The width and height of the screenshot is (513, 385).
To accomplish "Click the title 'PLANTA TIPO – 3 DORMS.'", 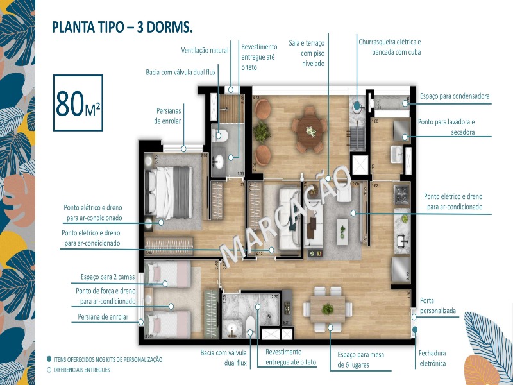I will tap(122, 28).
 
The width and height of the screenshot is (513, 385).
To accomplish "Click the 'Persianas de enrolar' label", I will tap(167, 116).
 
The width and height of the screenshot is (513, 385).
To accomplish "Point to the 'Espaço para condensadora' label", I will tap(455, 96).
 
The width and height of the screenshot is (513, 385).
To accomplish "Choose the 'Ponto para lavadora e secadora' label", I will tap(455, 127).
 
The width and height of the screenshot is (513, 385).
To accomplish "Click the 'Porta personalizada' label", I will tap(437, 305).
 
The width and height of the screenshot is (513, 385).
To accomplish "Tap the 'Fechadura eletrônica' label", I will tap(432, 358).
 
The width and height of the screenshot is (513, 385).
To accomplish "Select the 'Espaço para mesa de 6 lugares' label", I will tap(361, 360).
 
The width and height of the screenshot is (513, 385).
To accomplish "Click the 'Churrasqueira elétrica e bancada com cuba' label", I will tap(389, 46).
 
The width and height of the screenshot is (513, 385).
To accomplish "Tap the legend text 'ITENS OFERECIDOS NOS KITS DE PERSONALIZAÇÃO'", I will tap(108, 359).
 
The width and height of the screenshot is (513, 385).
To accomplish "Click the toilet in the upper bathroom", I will tap(221, 134).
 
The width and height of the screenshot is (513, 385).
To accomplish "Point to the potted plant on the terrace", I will tap(262, 132).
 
